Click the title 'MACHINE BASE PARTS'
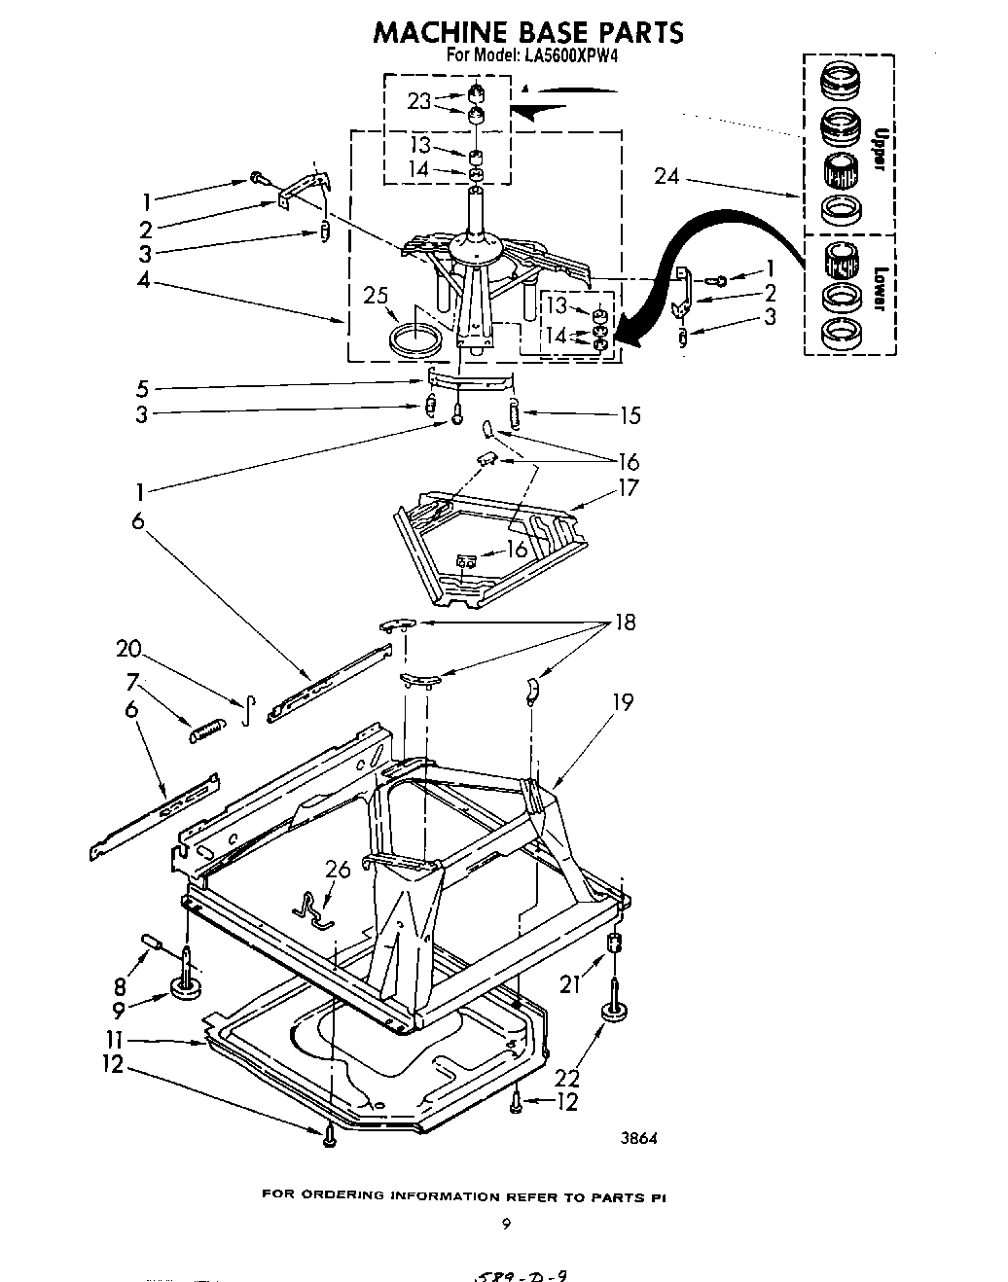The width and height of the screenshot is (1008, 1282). [527, 32]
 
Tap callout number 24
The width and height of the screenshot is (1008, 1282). [666, 177]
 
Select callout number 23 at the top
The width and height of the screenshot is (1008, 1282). [419, 99]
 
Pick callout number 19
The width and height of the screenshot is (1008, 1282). [623, 701]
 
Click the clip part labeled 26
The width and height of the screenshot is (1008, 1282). [314, 907]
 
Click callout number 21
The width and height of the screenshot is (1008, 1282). [569, 984]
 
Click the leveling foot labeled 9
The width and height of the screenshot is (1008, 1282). [185, 986]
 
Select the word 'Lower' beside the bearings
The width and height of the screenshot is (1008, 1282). [878, 289]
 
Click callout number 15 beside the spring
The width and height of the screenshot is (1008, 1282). [630, 415]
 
